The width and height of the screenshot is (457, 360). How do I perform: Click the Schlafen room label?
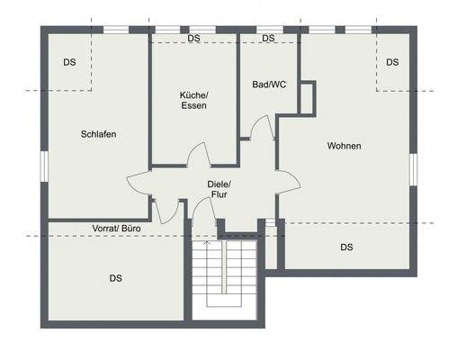98,134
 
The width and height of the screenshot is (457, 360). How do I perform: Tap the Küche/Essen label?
193,100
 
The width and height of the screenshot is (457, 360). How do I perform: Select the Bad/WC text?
269,85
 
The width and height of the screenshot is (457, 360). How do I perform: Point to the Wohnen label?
344,146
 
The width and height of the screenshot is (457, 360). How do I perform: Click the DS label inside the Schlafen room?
69,62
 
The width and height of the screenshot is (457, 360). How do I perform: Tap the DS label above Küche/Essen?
193,39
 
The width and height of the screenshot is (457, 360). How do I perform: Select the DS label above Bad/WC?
268,39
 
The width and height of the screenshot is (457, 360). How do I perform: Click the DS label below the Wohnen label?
346,247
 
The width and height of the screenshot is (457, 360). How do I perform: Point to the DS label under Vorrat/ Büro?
116,278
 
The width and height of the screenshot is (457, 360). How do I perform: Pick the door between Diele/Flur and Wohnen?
287,180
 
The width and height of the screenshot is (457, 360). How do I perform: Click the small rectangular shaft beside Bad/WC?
307,97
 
